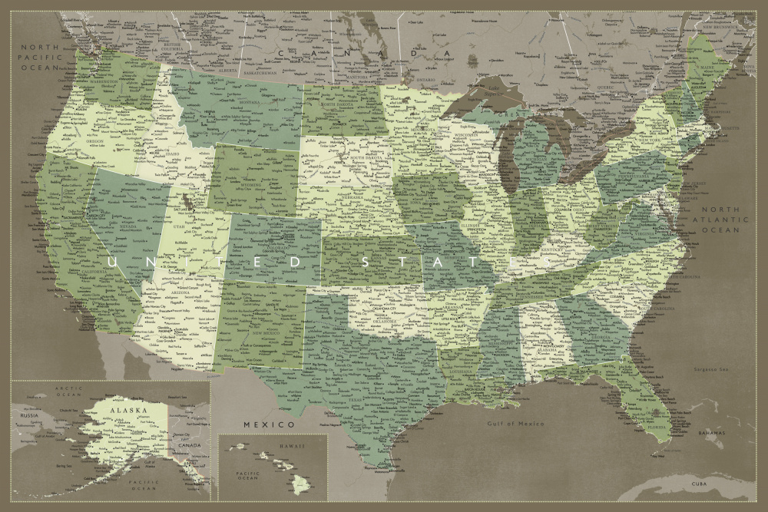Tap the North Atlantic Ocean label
[720, 220]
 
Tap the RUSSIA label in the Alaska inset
[28, 416]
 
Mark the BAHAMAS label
[711, 434]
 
